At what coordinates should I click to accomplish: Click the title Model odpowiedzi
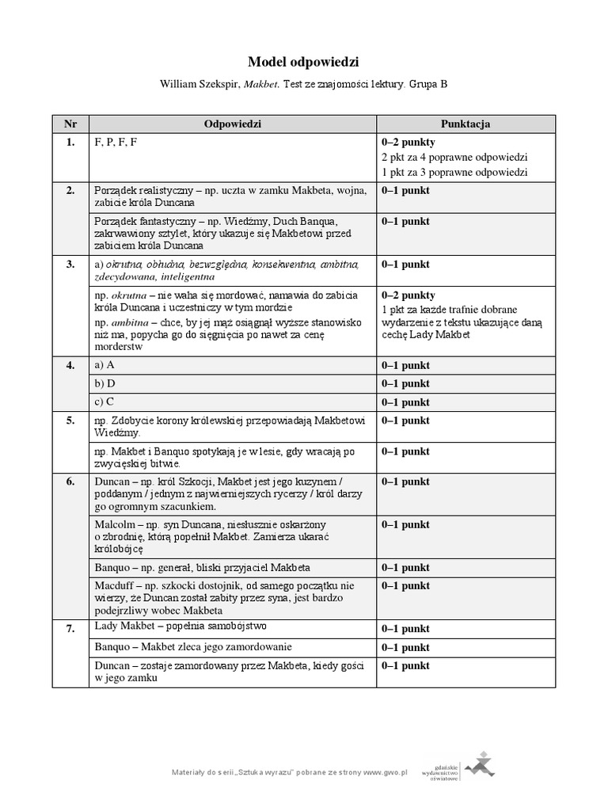tap(304, 61)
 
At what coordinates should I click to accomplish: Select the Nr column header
tap(70, 124)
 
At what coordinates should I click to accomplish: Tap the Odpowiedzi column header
tap(232, 124)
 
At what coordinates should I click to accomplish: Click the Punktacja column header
tap(465, 124)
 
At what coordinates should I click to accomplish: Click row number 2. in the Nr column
tap(70, 190)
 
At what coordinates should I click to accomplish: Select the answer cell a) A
tap(105, 364)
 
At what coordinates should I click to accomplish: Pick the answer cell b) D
tap(105, 383)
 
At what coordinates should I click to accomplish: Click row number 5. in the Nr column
tap(70, 421)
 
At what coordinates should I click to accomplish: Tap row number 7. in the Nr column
tap(70, 628)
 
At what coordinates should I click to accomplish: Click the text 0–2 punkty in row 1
tap(408, 143)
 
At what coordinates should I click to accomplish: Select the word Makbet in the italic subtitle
tap(260, 82)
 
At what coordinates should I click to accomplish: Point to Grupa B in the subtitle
tap(428, 82)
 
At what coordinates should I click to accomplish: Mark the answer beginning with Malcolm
tap(210, 536)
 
